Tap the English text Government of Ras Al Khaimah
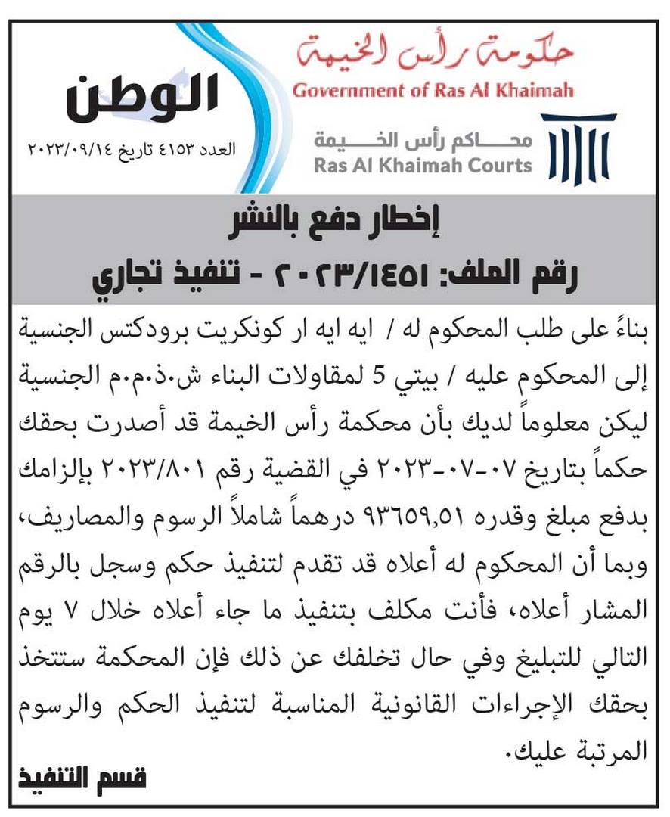[433, 92]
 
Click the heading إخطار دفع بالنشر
[335, 222]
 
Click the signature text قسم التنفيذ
[82, 778]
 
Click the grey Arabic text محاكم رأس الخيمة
[423, 141]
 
